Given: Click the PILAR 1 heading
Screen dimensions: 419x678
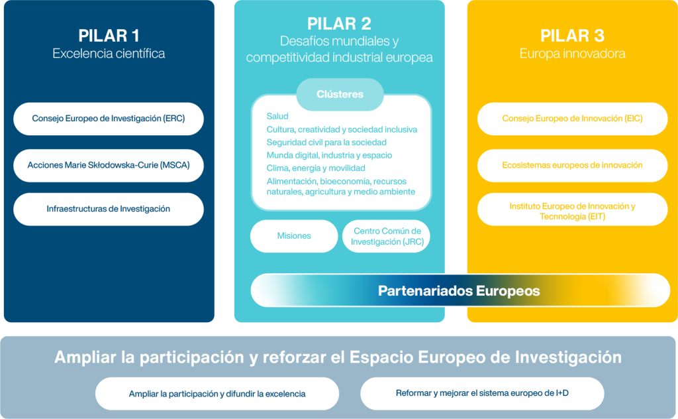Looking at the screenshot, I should click(109, 36).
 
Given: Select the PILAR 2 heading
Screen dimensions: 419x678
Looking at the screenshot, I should click(339, 24).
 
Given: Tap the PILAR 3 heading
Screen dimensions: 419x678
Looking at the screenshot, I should click(572, 36).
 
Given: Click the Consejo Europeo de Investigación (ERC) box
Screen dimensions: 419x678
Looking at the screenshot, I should click(109, 119).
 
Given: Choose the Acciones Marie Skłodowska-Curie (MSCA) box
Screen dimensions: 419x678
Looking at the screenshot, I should click(109, 165).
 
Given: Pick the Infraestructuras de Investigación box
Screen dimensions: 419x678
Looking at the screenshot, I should click(109, 209).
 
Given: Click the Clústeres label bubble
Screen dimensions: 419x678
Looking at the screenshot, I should click(340, 94).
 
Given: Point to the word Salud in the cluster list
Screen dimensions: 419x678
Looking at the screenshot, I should click(277, 117).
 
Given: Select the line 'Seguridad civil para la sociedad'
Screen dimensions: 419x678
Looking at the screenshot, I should click(326, 143).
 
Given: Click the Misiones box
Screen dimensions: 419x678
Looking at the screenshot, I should click(294, 236).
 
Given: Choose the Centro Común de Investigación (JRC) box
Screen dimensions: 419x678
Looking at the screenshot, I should click(386, 236).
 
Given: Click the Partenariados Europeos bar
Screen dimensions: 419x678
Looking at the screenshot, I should click(460, 290).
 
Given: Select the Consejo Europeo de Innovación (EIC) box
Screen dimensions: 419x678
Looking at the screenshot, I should click(572, 119).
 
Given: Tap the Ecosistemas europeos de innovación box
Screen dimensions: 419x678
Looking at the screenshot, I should click(572, 165).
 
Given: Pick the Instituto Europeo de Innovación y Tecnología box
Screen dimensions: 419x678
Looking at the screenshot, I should click(572, 211).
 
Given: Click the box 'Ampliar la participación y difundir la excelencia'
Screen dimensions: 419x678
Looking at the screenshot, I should click(217, 394).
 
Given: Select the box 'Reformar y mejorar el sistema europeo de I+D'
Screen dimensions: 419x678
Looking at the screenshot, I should click(482, 393).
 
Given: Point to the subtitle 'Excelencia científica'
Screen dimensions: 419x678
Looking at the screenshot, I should click(109, 54).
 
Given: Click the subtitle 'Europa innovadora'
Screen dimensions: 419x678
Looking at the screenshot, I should click(572, 54).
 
